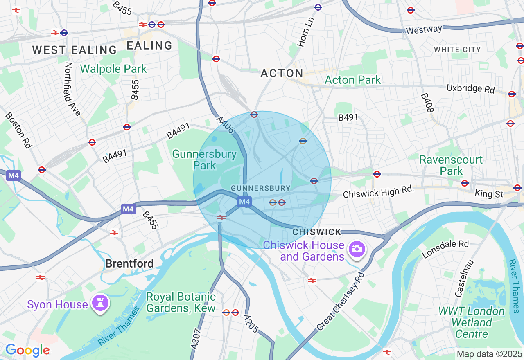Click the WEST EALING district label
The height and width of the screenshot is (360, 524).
(x=75, y=50)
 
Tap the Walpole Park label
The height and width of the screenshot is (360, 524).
(x=113, y=69)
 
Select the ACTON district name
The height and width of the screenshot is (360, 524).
(x=282, y=74)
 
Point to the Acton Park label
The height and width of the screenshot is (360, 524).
(x=352, y=80)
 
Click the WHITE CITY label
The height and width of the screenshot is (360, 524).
(x=457, y=49)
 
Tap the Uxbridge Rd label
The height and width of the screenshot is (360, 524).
(x=470, y=89)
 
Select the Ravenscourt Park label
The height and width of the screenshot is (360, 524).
(x=451, y=165)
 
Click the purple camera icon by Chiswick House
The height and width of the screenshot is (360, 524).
(x=356, y=249)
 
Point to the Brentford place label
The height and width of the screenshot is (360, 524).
(x=129, y=263)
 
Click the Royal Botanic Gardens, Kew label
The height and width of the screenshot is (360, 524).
(x=181, y=302)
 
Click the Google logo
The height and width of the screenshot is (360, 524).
(x=27, y=351)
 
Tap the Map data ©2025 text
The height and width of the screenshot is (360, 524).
(x=489, y=354)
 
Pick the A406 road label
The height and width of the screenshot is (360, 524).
(x=226, y=125)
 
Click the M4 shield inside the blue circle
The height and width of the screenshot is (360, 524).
(x=244, y=201)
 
